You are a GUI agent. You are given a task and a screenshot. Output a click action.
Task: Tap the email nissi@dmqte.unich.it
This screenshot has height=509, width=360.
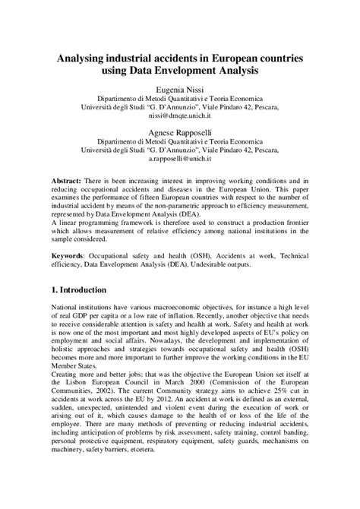tap(180, 117)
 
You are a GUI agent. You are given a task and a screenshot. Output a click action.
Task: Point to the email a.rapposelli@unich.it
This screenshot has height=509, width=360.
tap(180, 159)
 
